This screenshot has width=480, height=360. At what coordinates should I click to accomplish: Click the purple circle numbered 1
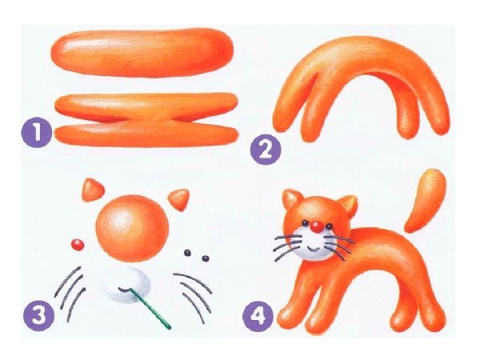(x=37, y=132)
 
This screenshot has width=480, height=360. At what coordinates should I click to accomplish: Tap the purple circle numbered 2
(x=266, y=150)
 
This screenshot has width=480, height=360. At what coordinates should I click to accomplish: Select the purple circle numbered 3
(x=39, y=314)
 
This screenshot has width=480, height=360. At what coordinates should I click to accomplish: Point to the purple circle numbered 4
(x=258, y=316)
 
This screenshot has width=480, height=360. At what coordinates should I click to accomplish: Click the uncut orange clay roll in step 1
(x=142, y=53)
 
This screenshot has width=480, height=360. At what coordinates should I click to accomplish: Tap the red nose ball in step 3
(x=78, y=244)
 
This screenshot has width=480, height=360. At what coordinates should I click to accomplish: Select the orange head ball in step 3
(x=133, y=228)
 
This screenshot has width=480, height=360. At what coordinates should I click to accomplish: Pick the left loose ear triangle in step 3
(x=93, y=190)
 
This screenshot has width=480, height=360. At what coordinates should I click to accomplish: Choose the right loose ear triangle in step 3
(x=179, y=199)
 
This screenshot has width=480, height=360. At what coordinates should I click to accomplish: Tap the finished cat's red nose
(x=316, y=227)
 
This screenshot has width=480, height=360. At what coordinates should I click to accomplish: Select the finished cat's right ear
(x=347, y=205)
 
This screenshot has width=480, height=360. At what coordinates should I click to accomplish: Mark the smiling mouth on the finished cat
(x=313, y=248)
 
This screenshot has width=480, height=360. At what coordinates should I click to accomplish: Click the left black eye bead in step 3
(x=187, y=253)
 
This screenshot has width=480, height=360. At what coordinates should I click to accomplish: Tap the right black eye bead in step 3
(x=206, y=258)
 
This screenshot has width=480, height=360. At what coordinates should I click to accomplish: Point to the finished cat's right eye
(x=329, y=226)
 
